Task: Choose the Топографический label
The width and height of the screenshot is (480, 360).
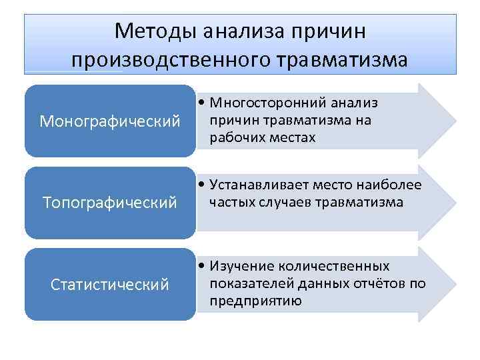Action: (x=110, y=201)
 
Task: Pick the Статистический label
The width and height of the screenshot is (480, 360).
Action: (x=110, y=285)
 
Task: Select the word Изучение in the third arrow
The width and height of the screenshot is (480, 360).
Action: (x=241, y=267)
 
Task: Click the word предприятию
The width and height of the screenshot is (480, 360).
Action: (x=255, y=301)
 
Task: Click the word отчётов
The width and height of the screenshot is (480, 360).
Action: (x=381, y=284)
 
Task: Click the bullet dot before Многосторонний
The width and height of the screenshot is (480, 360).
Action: (x=201, y=104)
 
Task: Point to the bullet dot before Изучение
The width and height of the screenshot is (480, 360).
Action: (x=201, y=267)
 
